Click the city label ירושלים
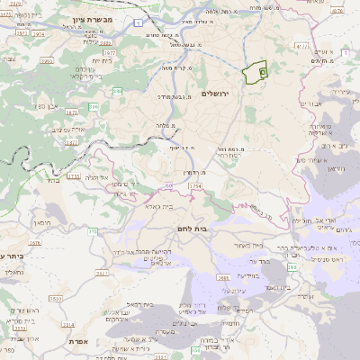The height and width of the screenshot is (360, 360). point(217,94)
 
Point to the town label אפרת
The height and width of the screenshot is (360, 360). point(75,343)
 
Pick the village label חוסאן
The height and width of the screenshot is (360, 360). point(42,221)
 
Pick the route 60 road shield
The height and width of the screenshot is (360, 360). point(166,184)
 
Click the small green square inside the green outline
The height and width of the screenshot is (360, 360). point(263,68)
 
